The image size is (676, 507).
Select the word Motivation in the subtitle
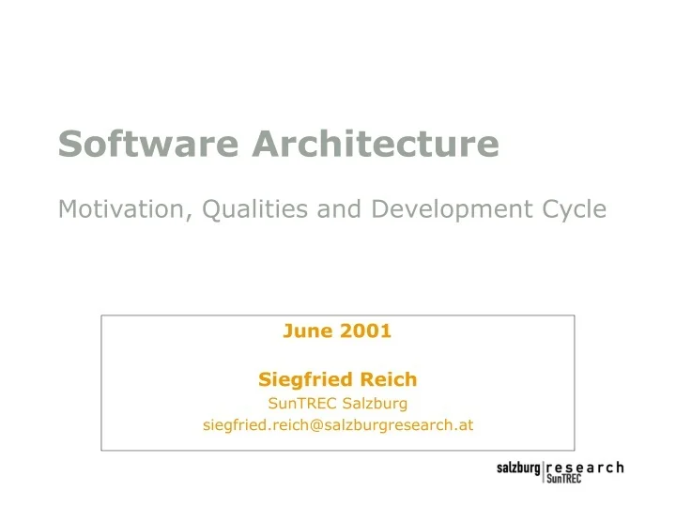coord(125,208)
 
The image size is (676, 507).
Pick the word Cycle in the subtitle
coord(572,208)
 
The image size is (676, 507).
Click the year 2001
coord(365,330)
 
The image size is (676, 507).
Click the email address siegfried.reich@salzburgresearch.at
coord(338,425)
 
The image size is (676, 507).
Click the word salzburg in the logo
coord(518,468)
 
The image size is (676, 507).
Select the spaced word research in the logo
coord(584,467)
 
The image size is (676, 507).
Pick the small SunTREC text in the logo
coord(563,479)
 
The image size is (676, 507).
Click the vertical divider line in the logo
coord(543,472)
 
